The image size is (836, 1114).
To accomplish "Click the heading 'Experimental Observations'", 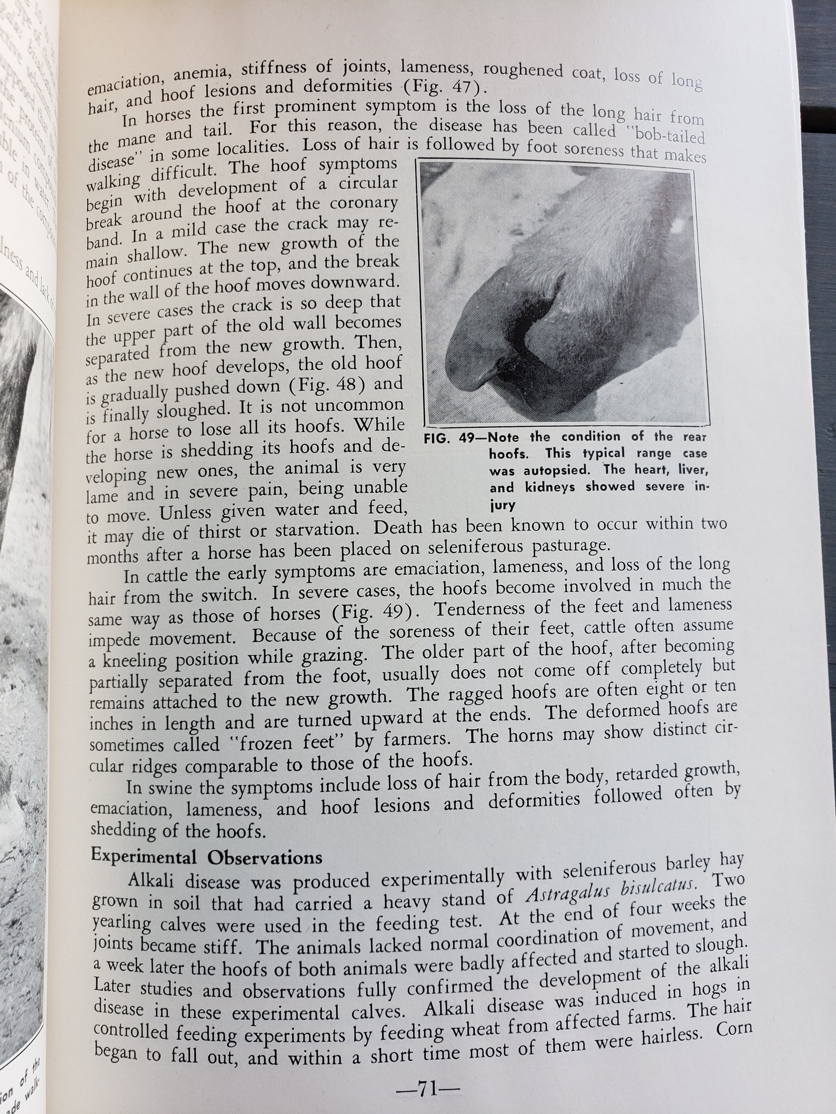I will coord(207,856).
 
